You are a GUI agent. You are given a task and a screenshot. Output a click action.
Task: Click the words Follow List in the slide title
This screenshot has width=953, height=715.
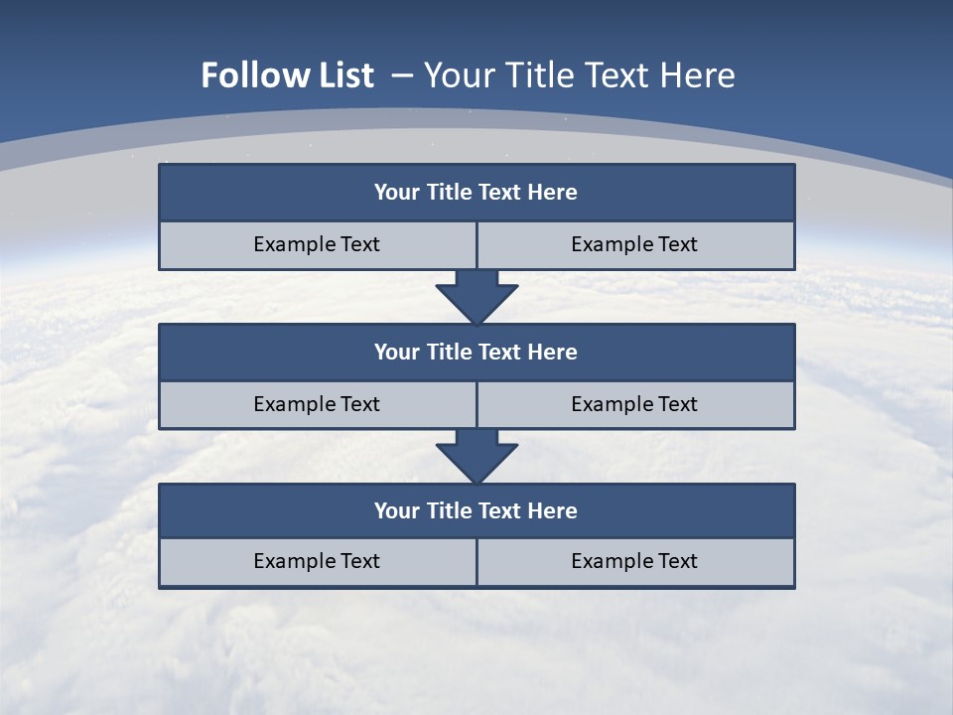287,75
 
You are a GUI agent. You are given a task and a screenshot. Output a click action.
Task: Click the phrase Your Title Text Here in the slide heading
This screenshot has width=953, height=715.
580,75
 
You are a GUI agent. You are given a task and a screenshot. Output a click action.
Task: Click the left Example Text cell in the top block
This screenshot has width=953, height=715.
317,245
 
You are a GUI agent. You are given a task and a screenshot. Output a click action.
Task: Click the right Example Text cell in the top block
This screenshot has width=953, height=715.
634,245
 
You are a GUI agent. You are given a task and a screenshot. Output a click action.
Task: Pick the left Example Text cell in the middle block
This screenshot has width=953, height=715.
317,405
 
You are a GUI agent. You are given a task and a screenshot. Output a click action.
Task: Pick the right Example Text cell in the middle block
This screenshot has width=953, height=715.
634,405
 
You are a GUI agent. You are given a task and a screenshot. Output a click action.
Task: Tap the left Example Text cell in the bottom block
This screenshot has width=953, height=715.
317,562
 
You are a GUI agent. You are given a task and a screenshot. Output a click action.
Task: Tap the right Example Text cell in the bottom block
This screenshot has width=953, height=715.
634,562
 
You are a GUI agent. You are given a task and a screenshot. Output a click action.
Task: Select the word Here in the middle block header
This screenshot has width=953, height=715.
553,353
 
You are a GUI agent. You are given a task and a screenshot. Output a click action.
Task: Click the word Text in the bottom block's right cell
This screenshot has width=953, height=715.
677,562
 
